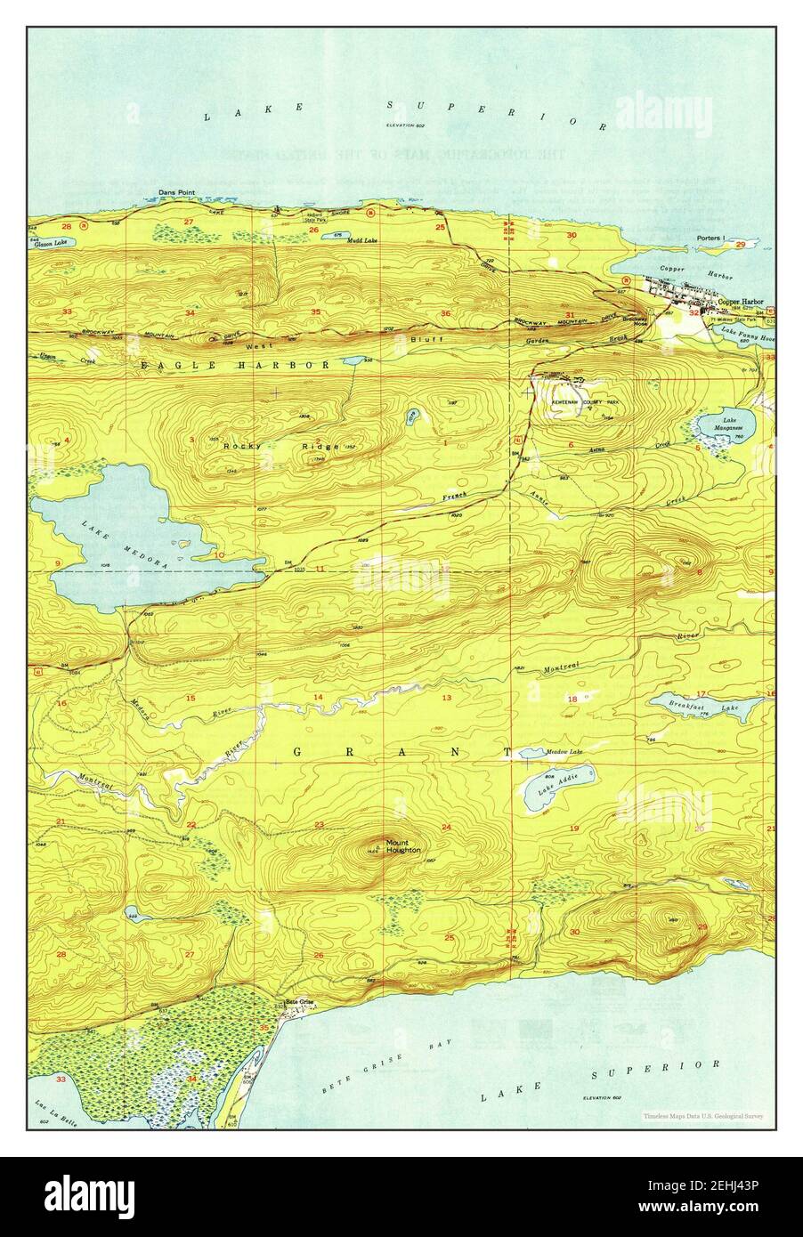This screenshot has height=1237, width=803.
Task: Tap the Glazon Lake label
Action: coord(51,243)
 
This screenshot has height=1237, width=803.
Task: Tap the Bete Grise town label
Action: coord(300,1002)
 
